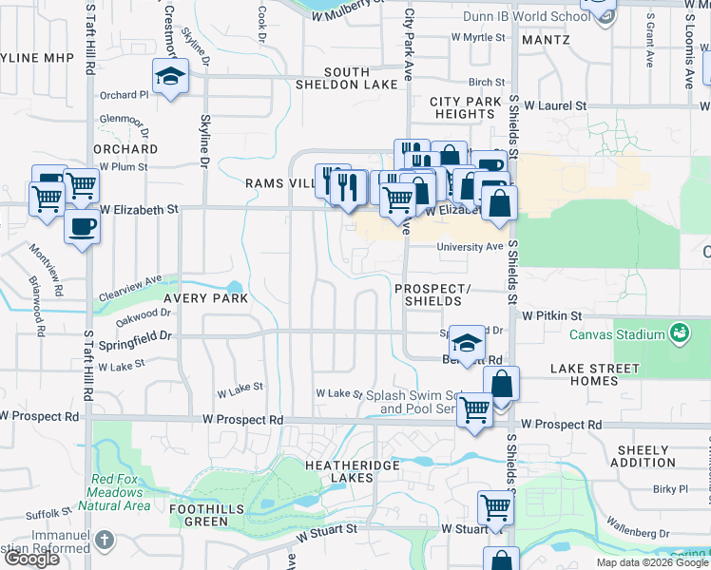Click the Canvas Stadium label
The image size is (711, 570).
(x=615, y=334)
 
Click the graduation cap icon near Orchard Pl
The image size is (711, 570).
(x=170, y=76)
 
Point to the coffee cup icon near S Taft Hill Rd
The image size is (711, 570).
(x=82, y=228)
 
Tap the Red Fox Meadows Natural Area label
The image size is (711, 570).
(x=119, y=492)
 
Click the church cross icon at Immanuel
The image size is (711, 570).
(x=105, y=541)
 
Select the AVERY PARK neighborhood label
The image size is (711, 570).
(x=205, y=297)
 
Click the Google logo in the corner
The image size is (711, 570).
(x=32, y=559)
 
